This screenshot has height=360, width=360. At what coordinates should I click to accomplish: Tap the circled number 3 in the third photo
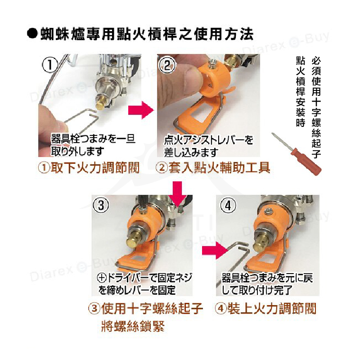point(102,206)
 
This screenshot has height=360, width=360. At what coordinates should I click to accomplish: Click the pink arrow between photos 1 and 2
point(139,110)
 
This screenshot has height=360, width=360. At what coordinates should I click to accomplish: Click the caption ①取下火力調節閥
point(88,168)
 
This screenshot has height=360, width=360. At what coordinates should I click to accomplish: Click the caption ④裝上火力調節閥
point(265,308)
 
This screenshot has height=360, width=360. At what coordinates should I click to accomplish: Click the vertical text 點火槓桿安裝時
point(301,92)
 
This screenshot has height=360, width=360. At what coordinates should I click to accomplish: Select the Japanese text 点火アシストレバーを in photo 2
point(208,140)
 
